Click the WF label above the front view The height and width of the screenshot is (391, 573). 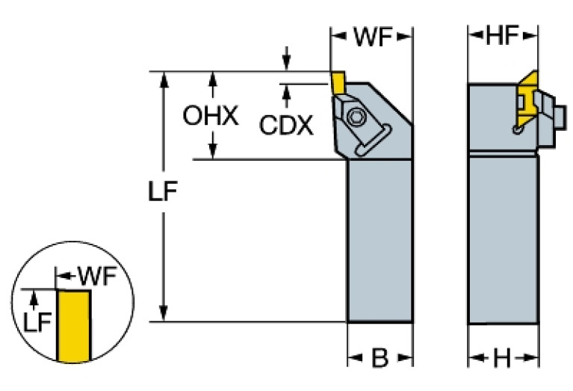(372, 36)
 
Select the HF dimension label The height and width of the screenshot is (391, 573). (502, 34)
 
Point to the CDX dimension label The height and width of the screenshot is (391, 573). (286, 124)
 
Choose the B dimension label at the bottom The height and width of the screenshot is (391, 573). (380, 359)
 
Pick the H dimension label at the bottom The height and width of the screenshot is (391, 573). (502, 359)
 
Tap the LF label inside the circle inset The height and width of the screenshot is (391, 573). (37, 323)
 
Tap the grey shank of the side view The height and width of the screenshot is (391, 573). (502, 239)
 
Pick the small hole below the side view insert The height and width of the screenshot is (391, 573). (517, 131)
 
